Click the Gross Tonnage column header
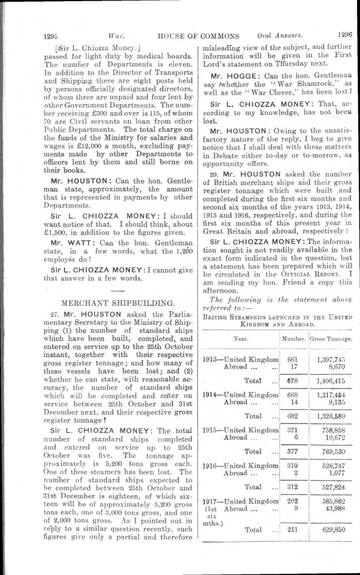point(331,339)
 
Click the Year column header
point(240,339)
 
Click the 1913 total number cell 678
point(291,381)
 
